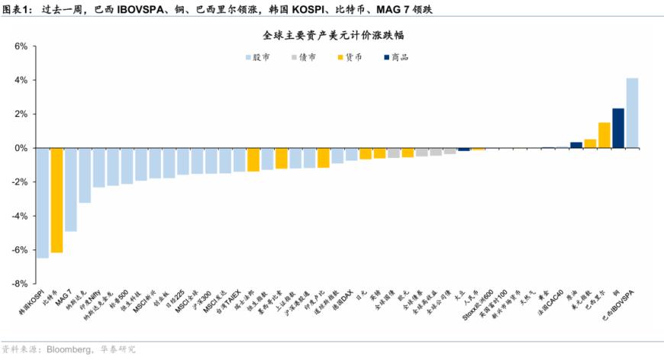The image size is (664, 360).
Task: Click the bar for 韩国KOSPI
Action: click(43, 202)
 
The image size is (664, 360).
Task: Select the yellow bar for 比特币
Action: click(56, 200)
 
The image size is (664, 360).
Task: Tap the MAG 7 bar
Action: click(71, 189)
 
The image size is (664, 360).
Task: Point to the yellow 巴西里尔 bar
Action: click(604, 135)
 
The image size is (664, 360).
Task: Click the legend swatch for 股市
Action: click(249, 57)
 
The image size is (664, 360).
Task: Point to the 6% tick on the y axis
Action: click(21, 47)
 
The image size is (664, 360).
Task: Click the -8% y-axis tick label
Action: click(20, 284)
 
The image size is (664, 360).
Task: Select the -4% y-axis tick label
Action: click(20, 216)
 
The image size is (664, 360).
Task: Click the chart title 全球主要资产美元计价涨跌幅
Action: click(331, 35)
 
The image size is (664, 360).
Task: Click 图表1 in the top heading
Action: click(17, 9)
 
